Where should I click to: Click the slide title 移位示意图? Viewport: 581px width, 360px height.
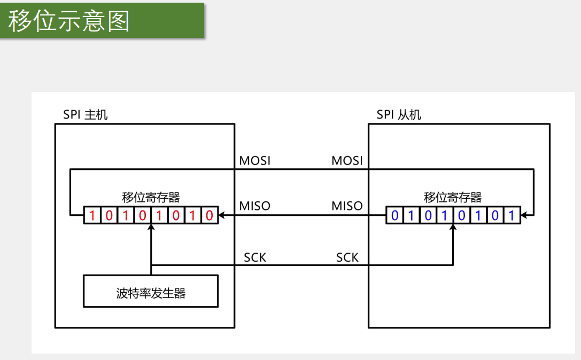tap(69, 21)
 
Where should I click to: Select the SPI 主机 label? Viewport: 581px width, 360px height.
tap(86, 114)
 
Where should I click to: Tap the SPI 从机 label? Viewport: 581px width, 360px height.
tap(399, 114)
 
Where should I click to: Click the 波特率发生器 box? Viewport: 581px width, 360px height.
tap(151, 292)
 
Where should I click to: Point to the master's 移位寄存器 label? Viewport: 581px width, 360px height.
tap(151, 197)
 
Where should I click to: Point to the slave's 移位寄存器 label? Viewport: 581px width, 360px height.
tap(453, 197)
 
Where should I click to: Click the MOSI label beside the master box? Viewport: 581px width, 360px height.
tap(254, 160)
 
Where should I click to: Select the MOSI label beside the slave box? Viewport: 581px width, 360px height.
tap(347, 160)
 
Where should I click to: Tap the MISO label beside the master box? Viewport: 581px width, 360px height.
tap(254, 206)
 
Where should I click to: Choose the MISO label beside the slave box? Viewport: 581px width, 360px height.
tap(347, 206)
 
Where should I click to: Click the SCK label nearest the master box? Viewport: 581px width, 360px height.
tap(255, 257)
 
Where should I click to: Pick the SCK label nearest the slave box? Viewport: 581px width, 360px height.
tap(347, 257)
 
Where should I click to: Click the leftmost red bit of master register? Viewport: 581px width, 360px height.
tap(92, 216)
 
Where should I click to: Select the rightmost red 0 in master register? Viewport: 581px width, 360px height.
tap(210, 216)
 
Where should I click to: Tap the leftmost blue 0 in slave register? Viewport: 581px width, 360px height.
tap(394, 216)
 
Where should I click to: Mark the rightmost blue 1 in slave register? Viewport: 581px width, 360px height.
tap(512, 216)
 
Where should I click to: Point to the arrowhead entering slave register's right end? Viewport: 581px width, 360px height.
tap(524, 216)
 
